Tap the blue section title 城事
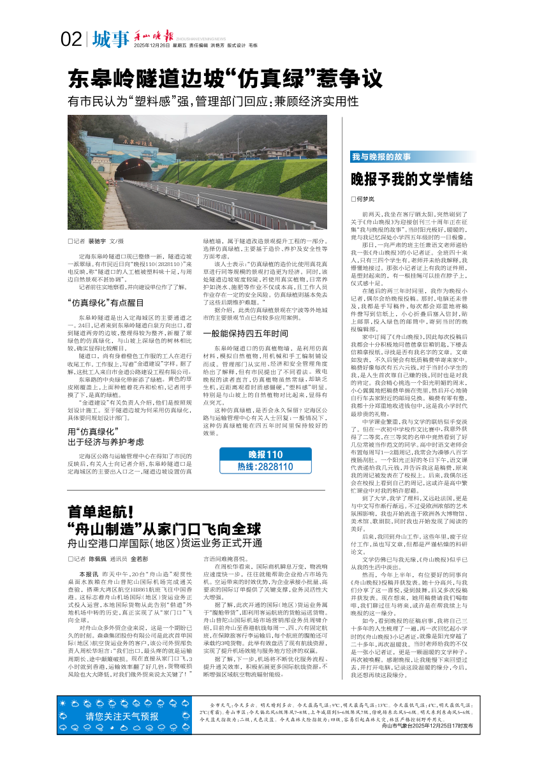tap(110, 40)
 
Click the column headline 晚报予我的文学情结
tap(411, 179)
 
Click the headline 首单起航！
tap(100, 512)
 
